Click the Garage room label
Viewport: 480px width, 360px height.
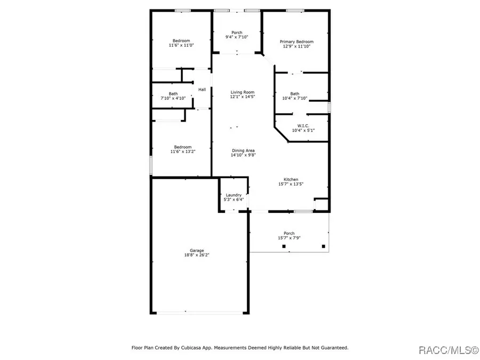197,250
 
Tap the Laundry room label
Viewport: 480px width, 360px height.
234,195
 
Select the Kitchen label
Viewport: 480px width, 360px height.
291,180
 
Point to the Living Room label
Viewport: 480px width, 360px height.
242,92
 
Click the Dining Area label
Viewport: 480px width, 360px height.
243,150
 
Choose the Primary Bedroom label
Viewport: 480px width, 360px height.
297,42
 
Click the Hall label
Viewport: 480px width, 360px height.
202,90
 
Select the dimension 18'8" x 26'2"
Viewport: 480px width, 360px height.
197,255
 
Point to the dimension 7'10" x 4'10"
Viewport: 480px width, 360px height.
173,99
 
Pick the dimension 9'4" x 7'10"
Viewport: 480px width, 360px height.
237,37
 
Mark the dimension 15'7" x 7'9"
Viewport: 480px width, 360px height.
289,238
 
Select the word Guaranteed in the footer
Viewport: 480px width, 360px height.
333,348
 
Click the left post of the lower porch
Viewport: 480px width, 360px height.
284,246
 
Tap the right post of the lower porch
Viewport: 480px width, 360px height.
323,246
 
